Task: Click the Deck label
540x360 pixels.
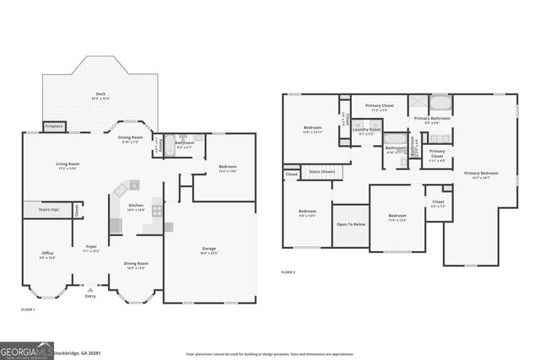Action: [100, 95]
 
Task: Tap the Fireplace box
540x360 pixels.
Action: [54, 126]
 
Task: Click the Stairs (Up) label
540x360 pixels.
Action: [42, 209]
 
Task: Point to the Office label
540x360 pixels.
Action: [48, 255]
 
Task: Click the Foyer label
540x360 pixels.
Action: [91, 248]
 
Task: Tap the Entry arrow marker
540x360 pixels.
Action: [90, 289]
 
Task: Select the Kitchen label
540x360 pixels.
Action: [136, 207]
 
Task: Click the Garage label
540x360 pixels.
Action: [209, 250]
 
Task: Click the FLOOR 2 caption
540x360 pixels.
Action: [289, 272]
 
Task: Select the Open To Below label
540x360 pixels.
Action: [350, 225]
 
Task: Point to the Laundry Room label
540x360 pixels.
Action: [366, 131]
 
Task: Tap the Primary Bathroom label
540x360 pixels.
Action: [430, 120]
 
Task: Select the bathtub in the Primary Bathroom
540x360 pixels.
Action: [440, 104]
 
